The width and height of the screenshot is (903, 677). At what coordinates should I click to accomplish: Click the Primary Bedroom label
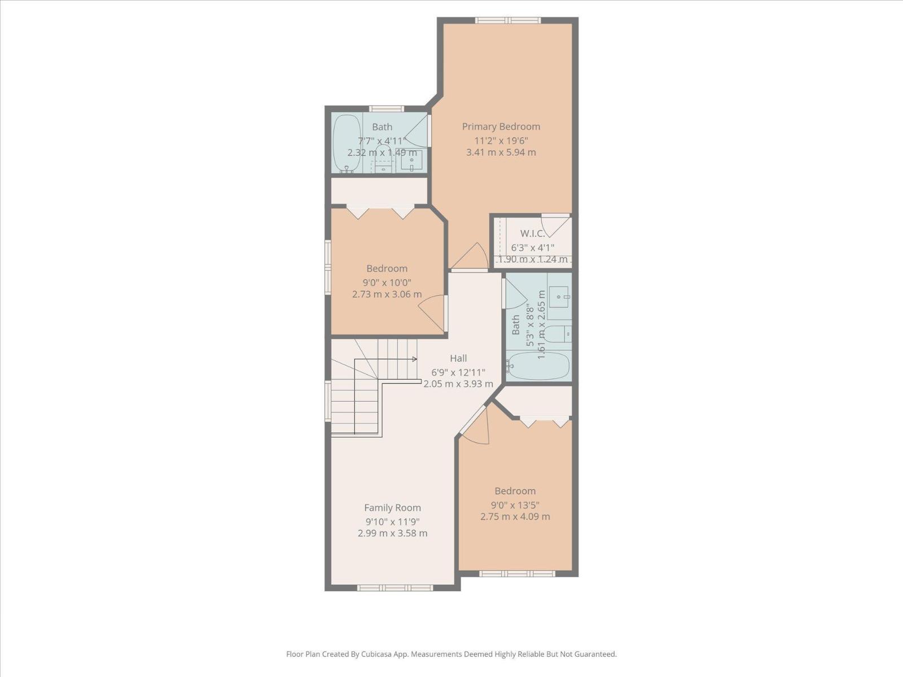tap(501, 126)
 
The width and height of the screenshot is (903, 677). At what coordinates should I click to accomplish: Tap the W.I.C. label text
tap(532, 234)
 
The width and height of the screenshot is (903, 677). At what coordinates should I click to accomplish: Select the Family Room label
tap(392, 508)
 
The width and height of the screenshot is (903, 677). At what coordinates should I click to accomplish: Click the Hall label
tap(458, 358)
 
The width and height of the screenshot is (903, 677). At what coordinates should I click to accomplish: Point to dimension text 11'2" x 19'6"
tap(501, 140)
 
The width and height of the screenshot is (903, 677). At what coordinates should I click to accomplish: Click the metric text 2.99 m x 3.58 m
tap(392, 533)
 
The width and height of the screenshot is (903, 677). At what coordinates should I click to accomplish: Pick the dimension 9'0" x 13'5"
tap(515, 504)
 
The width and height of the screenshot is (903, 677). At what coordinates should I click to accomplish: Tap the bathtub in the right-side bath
tap(539, 366)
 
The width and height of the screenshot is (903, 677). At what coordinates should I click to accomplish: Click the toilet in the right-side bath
tap(559, 334)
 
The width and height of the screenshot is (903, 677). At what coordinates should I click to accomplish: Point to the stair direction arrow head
tap(415, 359)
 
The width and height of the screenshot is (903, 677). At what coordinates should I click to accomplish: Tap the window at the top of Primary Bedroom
tap(508, 21)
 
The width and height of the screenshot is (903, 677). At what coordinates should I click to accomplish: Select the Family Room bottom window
tap(394, 588)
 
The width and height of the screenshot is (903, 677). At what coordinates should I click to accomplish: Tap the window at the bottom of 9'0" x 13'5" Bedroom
tap(517, 574)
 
